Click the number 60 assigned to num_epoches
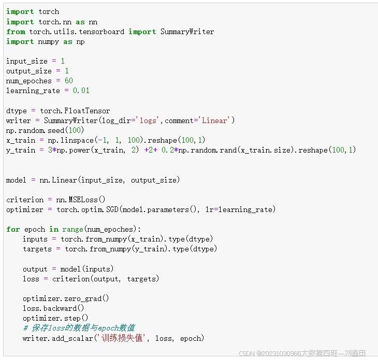click(x=69, y=81)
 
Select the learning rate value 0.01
click(x=81, y=91)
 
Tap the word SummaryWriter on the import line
click(x=187, y=32)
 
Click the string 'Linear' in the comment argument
click(x=215, y=121)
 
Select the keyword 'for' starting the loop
click(x=13, y=229)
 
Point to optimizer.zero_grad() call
click(x=62, y=298)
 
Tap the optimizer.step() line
click(x=55, y=318)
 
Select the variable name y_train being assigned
click(x=21, y=150)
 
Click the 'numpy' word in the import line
click(x=49, y=41)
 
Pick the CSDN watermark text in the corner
click(x=302, y=353)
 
